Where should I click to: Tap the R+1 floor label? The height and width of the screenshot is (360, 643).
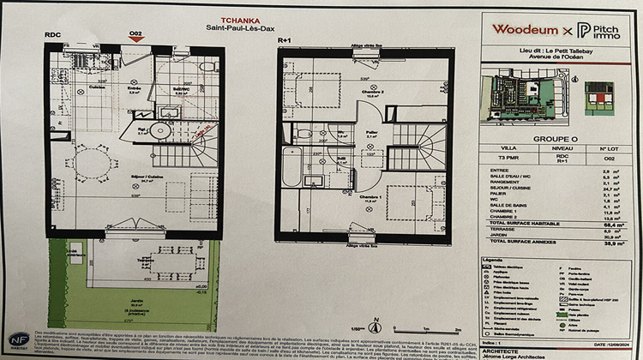tap(285, 39)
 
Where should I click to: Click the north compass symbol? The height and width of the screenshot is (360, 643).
tap(374, 326)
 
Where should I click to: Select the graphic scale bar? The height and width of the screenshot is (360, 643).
tap(415, 328)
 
